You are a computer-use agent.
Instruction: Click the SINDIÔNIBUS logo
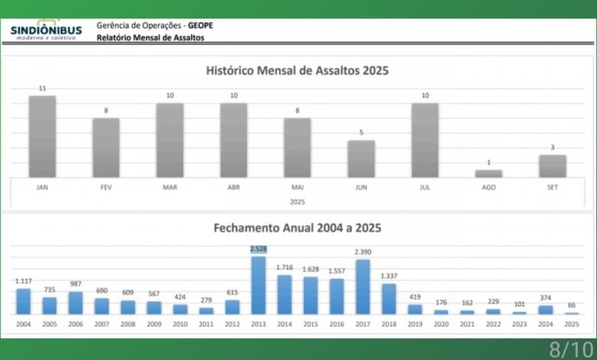(45, 31)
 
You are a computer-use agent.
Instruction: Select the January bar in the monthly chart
(43, 136)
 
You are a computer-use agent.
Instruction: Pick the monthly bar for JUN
(361, 159)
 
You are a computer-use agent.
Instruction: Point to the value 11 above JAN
(43, 88)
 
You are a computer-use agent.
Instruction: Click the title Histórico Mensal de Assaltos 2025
(298, 70)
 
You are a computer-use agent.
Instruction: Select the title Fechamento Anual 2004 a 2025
(298, 227)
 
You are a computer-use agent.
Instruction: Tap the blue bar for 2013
(258, 285)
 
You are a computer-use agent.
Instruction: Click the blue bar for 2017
(363, 286)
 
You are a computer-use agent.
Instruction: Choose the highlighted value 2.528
(258, 249)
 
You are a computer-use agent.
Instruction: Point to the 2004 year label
(24, 325)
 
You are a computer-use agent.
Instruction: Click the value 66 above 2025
(571, 305)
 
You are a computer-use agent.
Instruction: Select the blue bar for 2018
(389, 299)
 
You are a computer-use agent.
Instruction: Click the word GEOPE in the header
(201, 25)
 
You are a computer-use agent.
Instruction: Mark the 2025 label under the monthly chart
(298, 201)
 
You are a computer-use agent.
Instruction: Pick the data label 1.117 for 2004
(24, 281)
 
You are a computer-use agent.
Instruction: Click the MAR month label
(170, 186)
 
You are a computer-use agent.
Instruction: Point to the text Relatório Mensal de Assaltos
(150, 38)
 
